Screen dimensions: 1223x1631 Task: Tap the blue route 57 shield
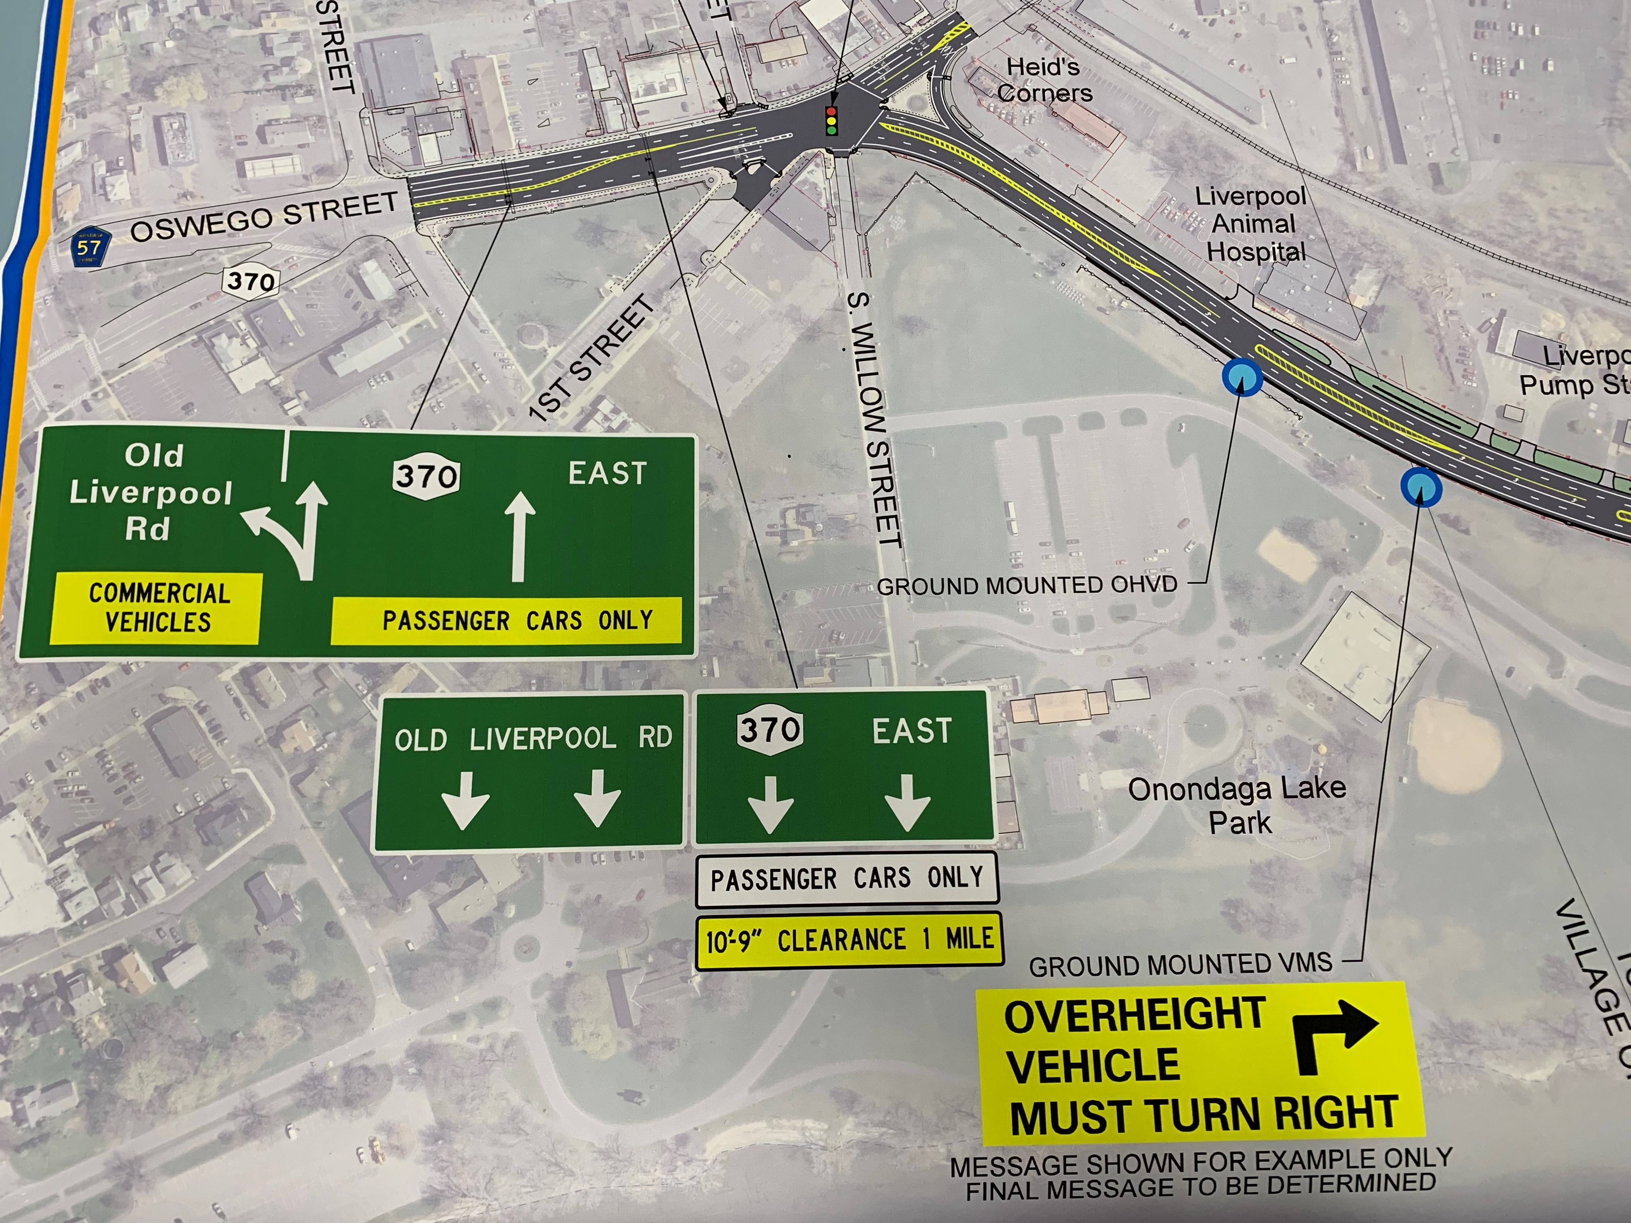[90, 248]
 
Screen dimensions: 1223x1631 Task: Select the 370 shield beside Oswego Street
[251, 281]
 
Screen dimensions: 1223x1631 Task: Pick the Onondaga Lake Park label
[1237, 804]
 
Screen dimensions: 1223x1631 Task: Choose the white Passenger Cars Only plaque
[847, 878]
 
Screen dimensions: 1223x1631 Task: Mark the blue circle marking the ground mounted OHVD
[1242, 377]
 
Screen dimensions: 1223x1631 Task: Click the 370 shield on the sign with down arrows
[770, 730]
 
